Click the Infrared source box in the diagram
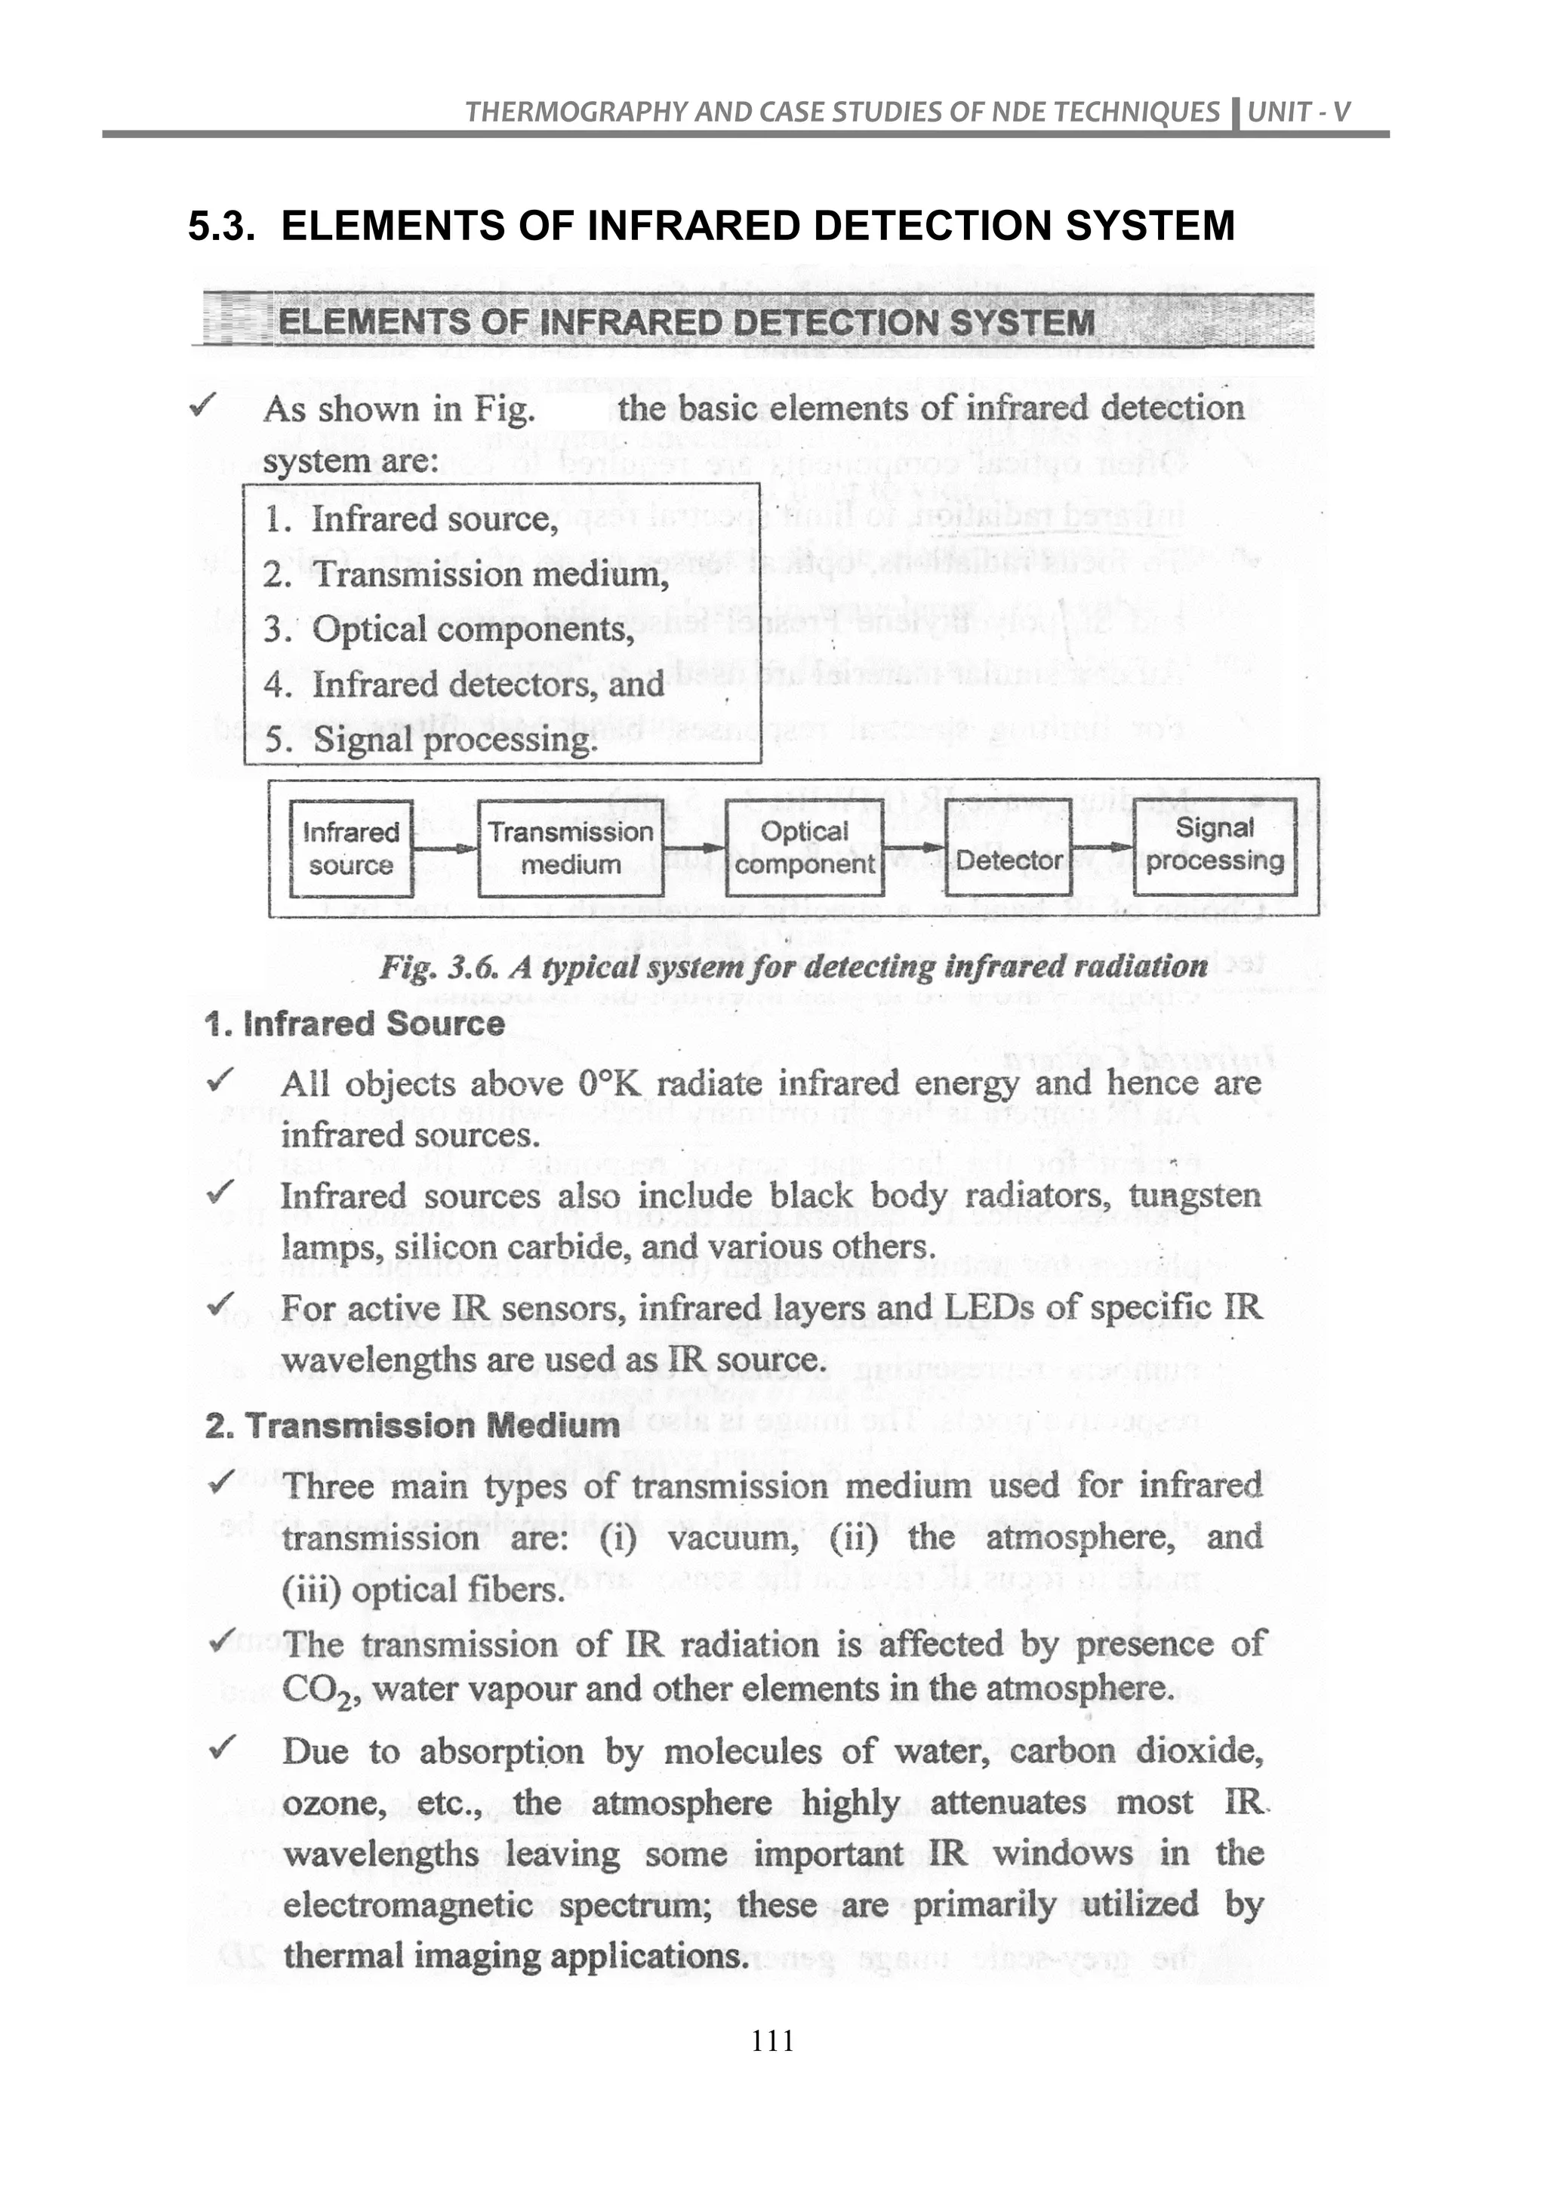click(351, 848)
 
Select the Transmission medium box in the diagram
click(570, 848)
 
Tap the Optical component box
click(805, 848)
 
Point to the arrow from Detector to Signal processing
click(1104, 846)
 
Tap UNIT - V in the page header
click(1298, 112)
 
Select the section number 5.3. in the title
click(222, 226)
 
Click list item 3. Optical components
click(449, 630)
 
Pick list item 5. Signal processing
click(431, 740)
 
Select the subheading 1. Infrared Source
click(354, 1024)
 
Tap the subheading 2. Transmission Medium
click(412, 1425)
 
